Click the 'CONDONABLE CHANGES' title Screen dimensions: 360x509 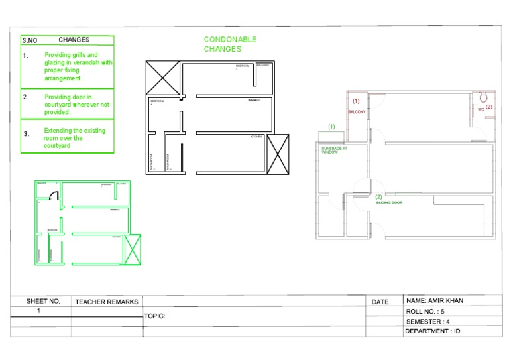coord(230,44)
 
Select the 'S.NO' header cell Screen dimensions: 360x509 coord(29,40)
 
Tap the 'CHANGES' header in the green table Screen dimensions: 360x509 coord(74,40)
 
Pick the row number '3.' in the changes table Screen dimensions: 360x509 coord(27,133)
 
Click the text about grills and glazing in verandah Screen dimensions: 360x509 coord(78,66)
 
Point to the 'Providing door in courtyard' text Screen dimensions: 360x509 coord(77,105)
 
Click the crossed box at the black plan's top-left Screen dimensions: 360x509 coord(162,78)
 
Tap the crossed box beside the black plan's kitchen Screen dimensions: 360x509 coord(278,154)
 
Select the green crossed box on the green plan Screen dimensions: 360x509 coord(133,249)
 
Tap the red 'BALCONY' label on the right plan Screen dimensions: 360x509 coord(357,112)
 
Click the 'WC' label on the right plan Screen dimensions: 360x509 coord(481,109)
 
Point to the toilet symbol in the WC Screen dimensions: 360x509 coord(483,97)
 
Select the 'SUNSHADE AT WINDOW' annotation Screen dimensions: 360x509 coord(330,150)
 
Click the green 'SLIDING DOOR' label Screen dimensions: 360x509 coord(389,202)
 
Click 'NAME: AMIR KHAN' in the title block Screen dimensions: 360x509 coord(434,300)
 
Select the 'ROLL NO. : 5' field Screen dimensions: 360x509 coord(425,311)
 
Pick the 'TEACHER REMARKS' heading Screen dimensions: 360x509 coord(107,302)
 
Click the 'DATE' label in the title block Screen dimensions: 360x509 coord(380,302)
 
